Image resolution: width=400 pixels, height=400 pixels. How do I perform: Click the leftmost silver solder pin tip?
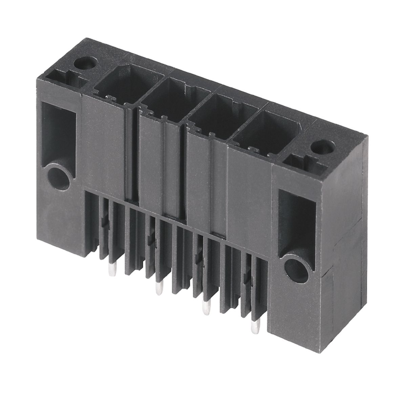[109, 270]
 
